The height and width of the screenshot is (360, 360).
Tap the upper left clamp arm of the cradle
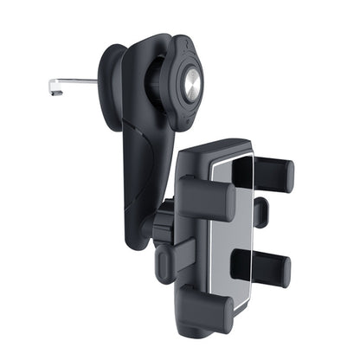208,198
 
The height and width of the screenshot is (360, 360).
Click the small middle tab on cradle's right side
260,212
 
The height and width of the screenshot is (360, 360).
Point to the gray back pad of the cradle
231,234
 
